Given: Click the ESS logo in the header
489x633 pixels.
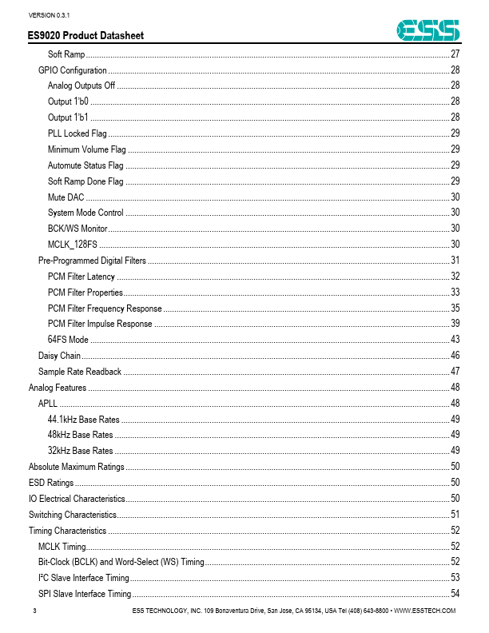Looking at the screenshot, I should (429, 30).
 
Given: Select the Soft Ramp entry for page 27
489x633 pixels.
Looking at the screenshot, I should (66, 54).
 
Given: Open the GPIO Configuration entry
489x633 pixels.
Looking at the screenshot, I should (73, 70).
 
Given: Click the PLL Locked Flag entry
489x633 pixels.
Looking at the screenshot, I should (77, 133).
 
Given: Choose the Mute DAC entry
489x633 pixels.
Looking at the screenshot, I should (66, 197).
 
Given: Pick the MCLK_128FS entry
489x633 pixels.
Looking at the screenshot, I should (73, 245).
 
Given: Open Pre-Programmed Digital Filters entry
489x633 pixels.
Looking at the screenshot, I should (92, 261).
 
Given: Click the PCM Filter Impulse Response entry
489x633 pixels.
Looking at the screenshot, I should (100, 324).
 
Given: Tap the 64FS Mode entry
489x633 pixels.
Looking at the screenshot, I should (68, 340).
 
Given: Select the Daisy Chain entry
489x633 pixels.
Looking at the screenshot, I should (58, 356).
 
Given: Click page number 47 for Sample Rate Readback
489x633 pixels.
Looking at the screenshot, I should (455, 372).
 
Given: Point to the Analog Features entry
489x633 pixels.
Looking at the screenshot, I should (58, 388).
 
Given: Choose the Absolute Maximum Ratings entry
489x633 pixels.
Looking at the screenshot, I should (76, 467).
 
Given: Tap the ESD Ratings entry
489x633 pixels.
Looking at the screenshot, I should (51, 483).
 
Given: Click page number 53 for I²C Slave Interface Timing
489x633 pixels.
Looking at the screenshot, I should (455, 578).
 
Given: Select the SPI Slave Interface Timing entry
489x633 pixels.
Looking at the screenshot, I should (85, 594).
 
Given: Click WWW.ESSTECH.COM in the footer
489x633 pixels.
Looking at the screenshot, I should (425, 611).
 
